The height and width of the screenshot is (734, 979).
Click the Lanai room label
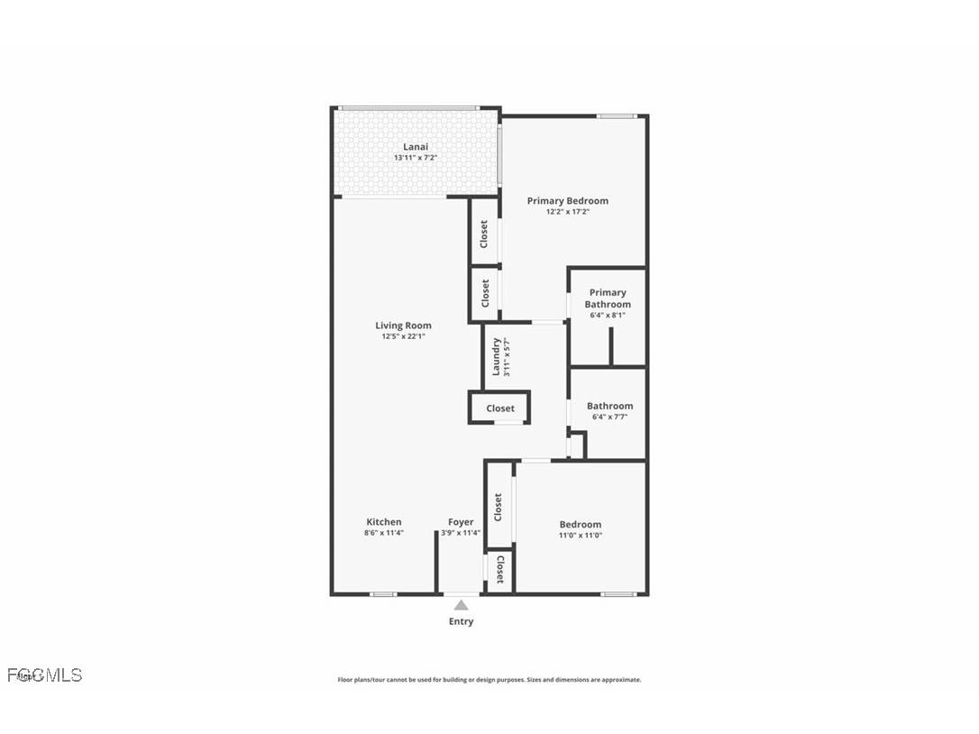(x=416, y=147)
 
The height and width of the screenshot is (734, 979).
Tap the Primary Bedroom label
(x=568, y=201)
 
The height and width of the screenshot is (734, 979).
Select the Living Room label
(x=403, y=326)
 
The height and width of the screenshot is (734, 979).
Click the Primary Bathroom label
(x=608, y=298)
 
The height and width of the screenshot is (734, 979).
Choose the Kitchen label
(x=384, y=522)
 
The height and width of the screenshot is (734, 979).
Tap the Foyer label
(x=461, y=522)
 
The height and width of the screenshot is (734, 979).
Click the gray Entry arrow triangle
(x=461, y=605)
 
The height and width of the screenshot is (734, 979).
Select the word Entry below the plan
(x=461, y=621)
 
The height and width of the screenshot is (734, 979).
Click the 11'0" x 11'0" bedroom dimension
(x=581, y=536)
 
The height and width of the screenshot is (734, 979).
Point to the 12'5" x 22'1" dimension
(x=403, y=336)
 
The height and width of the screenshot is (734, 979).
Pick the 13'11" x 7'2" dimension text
(x=416, y=158)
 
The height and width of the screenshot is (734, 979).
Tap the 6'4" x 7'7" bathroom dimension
(x=610, y=417)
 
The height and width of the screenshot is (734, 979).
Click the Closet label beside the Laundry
(x=500, y=408)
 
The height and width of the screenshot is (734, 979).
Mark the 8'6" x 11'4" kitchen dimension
(x=384, y=533)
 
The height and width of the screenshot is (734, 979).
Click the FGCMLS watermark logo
(x=45, y=674)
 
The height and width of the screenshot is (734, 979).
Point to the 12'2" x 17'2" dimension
(x=568, y=212)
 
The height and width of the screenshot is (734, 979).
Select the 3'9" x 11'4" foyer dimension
(x=461, y=533)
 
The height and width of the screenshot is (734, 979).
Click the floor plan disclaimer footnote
(x=489, y=680)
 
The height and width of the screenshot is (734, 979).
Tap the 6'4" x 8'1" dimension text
(x=608, y=316)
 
